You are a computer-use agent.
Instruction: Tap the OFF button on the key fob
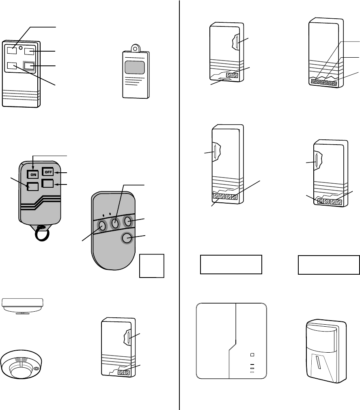point(48,172)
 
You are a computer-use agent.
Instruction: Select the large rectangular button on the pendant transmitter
point(134,67)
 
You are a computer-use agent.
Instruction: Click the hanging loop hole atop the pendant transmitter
point(134,48)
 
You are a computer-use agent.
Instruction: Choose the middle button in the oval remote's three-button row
point(115,223)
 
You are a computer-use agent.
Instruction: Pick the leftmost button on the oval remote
point(102,226)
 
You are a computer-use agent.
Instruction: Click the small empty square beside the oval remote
point(152,266)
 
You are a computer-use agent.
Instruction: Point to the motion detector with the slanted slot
point(326,351)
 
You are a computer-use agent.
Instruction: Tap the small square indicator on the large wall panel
point(252,354)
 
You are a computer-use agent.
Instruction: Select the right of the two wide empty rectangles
point(329,265)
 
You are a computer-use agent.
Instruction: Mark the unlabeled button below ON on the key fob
point(32,187)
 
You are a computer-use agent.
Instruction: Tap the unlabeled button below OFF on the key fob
point(48,184)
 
